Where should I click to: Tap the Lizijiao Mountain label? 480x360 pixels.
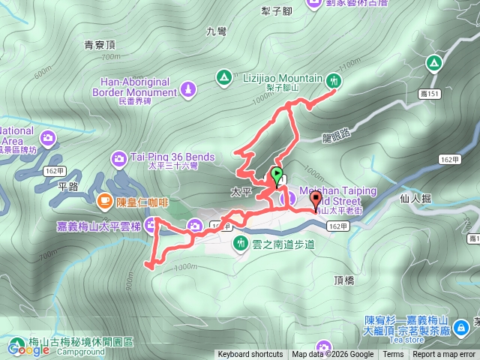(x=282, y=78)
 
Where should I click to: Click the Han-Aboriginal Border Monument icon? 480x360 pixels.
(x=188, y=91)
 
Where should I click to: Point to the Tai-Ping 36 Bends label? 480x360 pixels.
(x=172, y=157)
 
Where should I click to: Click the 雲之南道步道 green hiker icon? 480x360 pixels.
(x=241, y=243)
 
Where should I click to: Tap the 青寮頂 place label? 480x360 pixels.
(x=100, y=44)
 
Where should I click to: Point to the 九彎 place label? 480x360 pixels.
(x=215, y=31)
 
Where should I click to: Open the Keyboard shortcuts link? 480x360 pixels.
(x=250, y=355)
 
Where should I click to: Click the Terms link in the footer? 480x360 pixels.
(x=393, y=355)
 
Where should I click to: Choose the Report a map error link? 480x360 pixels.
(x=445, y=355)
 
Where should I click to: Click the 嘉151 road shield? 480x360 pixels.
(x=429, y=94)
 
